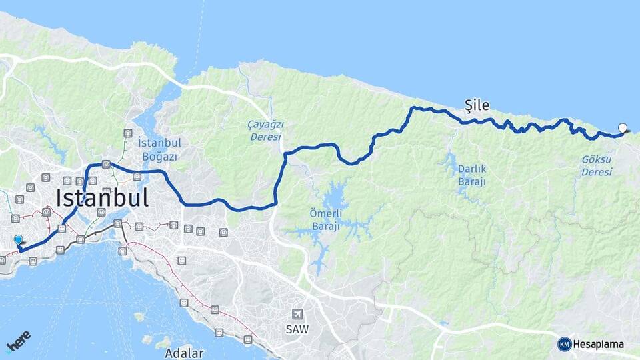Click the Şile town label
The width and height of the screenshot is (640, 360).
477,105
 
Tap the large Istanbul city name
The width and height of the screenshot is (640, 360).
102,198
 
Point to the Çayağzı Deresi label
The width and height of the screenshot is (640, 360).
266,130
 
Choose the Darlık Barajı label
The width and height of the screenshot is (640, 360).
472,175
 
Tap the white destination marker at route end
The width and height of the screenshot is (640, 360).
623,128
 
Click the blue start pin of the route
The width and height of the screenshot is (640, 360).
18,241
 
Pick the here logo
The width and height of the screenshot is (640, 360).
18,340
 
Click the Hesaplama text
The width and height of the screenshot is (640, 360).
599,345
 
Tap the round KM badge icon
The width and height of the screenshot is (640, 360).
564,344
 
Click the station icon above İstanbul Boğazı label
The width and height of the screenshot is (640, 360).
127,133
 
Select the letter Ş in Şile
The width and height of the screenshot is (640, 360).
468,105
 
